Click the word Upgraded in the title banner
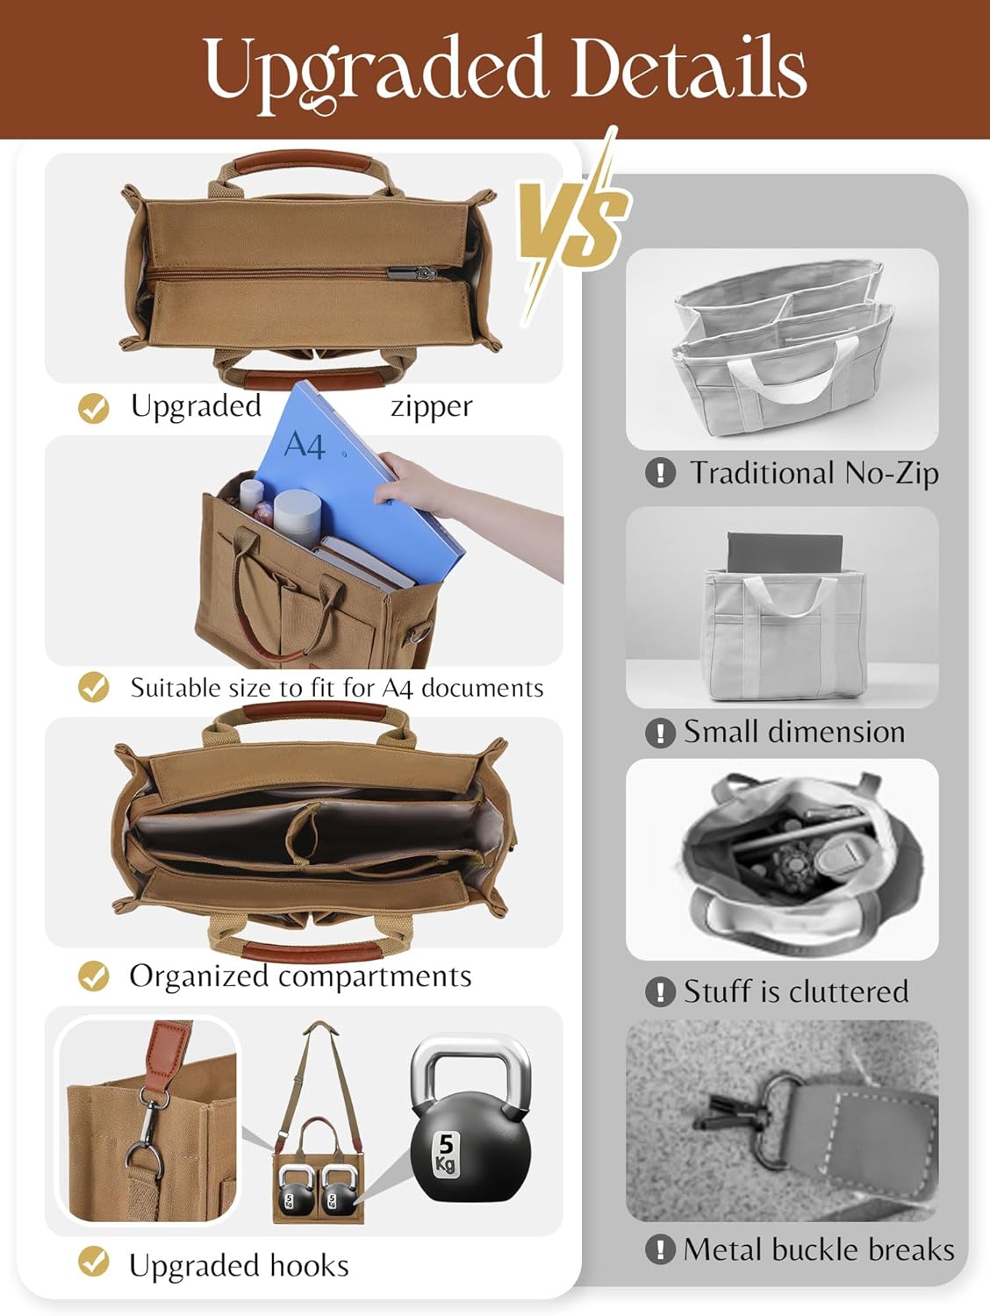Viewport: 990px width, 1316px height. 374,70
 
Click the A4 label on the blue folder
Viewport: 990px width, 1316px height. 305,445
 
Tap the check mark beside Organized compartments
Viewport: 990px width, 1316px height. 94,976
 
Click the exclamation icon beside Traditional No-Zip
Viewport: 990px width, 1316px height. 660,472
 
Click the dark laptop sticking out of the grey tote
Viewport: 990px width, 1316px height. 785,552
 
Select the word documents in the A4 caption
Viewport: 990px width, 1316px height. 482,689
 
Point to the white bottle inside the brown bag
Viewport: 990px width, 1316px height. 298,517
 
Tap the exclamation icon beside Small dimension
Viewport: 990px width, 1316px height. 660,732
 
